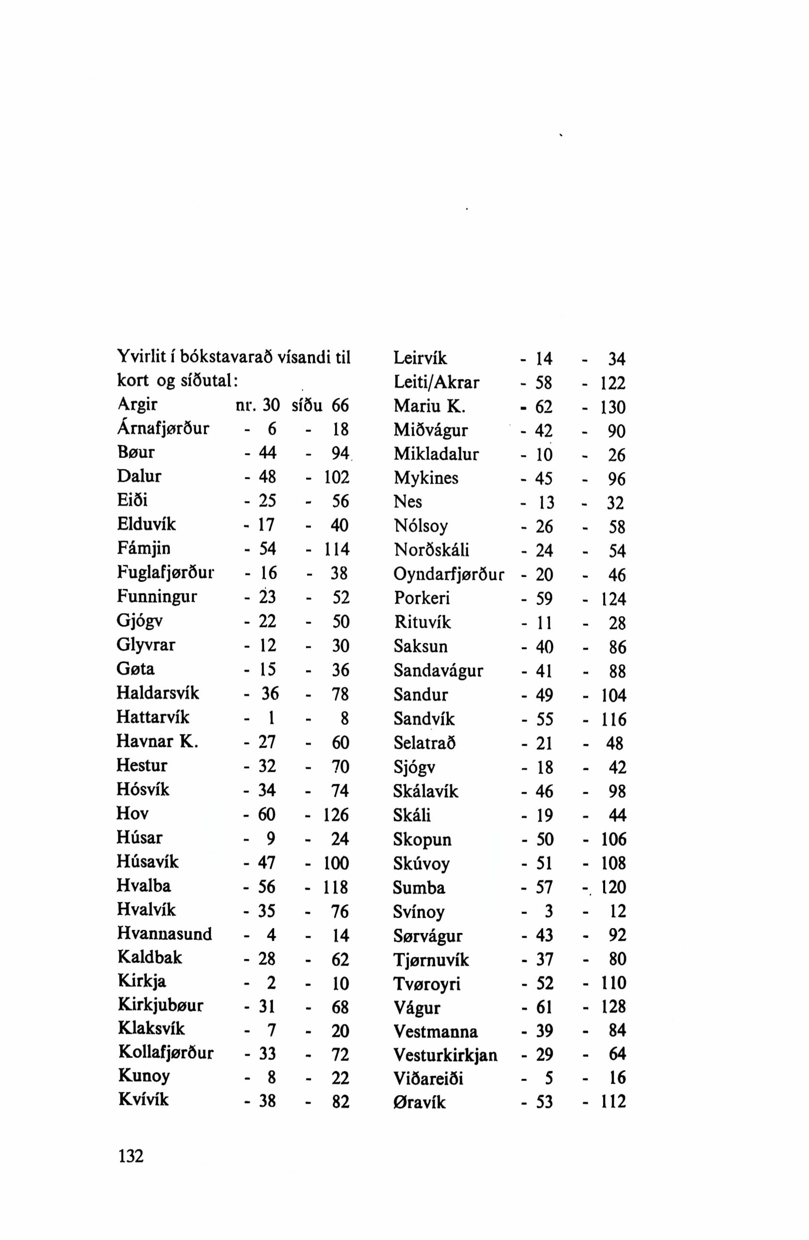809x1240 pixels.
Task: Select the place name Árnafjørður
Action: point(163,428)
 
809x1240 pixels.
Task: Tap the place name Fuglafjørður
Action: point(166,573)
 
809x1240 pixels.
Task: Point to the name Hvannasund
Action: point(165,934)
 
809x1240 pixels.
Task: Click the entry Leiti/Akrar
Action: point(436,383)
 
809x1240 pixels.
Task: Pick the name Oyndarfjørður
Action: point(449,574)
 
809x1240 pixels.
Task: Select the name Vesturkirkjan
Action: point(445,1055)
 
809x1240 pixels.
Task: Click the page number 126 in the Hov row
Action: point(336,814)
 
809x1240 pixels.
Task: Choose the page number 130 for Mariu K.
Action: point(613,407)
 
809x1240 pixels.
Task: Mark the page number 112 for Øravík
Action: point(613,1101)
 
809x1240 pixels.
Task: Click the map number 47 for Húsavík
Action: point(267,862)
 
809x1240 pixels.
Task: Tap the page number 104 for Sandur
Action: point(613,695)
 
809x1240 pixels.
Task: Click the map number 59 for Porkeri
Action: point(544,599)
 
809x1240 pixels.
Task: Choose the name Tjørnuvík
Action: point(431,959)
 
